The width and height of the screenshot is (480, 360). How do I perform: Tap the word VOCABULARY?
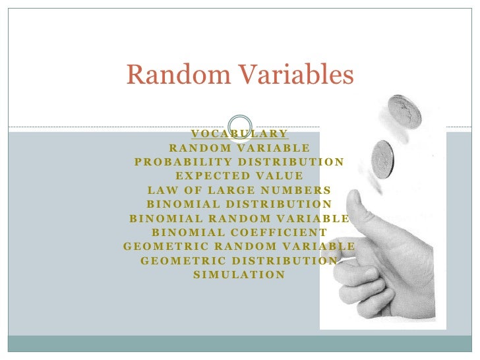pos(239,134)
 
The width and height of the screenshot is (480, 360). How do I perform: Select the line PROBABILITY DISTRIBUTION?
pos(239,162)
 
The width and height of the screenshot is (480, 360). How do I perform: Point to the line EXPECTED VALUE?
pos(239,176)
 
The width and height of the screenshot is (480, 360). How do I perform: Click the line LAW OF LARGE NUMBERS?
pos(239,191)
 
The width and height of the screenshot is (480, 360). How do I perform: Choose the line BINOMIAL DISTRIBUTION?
pos(239,204)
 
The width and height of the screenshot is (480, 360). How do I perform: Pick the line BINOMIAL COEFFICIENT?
pos(239,232)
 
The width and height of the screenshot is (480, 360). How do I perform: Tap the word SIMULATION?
pos(239,274)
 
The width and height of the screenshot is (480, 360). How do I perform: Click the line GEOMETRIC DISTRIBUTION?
pos(239,260)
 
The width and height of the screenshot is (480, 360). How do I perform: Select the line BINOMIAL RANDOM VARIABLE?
pos(239,218)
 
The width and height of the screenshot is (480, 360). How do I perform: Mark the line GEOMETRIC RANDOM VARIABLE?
pos(239,247)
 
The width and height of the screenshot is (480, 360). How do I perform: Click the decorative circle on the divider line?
pos(239,127)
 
